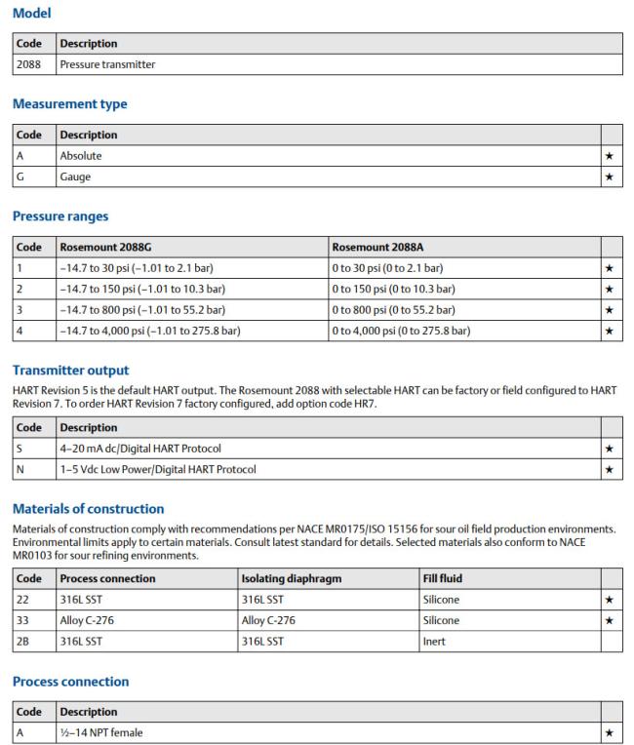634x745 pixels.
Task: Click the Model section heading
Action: coord(31,14)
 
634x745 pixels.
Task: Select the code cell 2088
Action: coord(27,64)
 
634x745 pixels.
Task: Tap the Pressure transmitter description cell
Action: coord(107,64)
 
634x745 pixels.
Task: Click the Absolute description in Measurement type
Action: coord(81,155)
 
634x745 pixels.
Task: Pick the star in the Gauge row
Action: coord(611,176)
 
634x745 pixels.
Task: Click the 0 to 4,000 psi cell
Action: coord(401,331)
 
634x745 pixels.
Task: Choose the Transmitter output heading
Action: coord(69,371)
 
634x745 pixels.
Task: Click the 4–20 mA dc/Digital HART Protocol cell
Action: coord(140,449)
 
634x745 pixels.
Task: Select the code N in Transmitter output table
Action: coord(21,469)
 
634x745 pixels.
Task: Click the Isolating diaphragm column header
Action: coord(290,578)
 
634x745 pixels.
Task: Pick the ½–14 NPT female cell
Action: coord(102,732)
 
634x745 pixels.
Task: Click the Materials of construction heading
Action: coord(88,508)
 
